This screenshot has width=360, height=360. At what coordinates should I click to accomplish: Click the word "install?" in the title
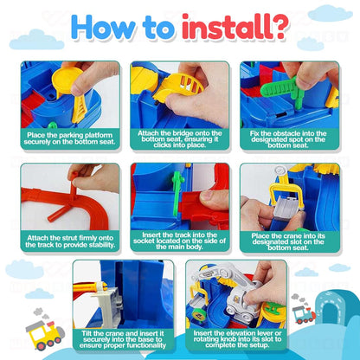point(235,27)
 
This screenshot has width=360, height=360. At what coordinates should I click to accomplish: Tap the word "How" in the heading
point(103,27)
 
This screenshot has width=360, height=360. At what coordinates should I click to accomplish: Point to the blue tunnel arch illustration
point(331,309)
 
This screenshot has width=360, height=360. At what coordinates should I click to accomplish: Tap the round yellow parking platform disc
point(67,79)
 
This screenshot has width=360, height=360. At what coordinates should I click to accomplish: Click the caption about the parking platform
point(70,138)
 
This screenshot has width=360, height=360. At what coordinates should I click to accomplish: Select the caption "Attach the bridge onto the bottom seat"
point(179,139)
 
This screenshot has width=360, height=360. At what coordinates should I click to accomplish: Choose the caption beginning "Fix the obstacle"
point(288,139)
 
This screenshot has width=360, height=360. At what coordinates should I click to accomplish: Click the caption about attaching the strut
point(70,241)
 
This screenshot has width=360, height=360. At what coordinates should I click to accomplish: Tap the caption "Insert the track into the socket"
point(179,241)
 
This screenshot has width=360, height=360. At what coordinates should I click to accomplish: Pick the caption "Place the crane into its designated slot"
point(288,241)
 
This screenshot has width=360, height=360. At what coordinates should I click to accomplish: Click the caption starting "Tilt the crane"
point(123,339)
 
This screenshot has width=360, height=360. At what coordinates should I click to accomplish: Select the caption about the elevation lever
point(237,339)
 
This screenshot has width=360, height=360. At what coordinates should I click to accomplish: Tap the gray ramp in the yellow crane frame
point(285,207)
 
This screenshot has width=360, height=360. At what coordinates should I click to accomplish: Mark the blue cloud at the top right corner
point(330,14)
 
